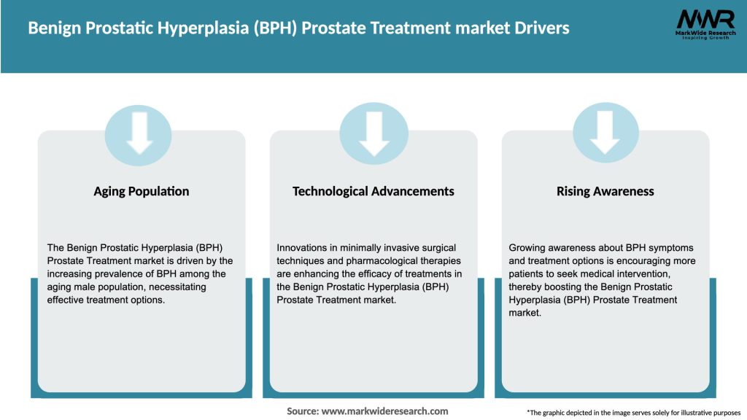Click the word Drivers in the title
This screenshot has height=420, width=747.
[x=539, y=28]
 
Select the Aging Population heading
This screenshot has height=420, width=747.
[x=141, y=191]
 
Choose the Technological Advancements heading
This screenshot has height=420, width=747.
[x=373, y=191]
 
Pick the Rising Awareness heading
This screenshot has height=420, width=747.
[x=605, y=191]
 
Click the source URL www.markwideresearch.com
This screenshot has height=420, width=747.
[x=384, y=411]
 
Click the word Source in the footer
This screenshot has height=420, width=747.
[x=302, y=411]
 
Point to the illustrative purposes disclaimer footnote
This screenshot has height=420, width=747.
[x=633, y=412]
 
